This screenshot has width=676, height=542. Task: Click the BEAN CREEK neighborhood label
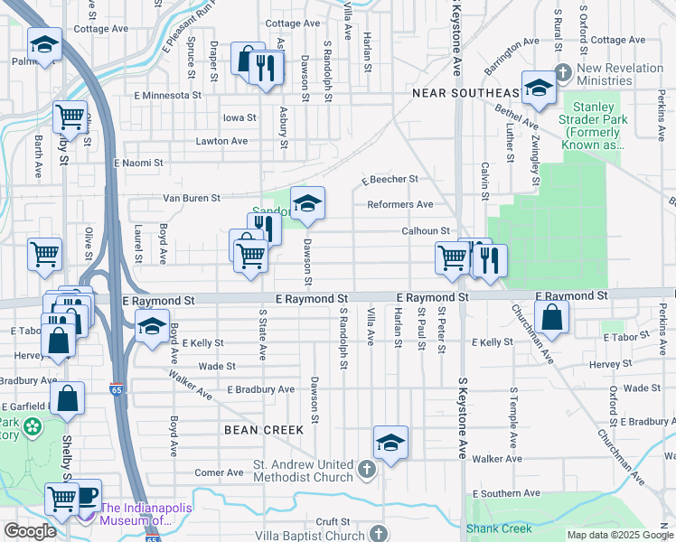click(x=258, y=431)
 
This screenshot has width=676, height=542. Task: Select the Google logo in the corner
click(x=29, y=531)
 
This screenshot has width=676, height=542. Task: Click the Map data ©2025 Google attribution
click(x=620, y=535)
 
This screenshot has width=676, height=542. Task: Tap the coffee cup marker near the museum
click(x=86, y=495)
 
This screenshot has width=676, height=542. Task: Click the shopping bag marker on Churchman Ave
click(x=550, y=317)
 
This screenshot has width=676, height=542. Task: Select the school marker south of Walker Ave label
click(x=390, y=443)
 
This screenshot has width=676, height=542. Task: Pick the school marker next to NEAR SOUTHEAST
click(x=539, y=88)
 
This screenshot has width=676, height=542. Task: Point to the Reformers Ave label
click(x=399, y=204)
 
